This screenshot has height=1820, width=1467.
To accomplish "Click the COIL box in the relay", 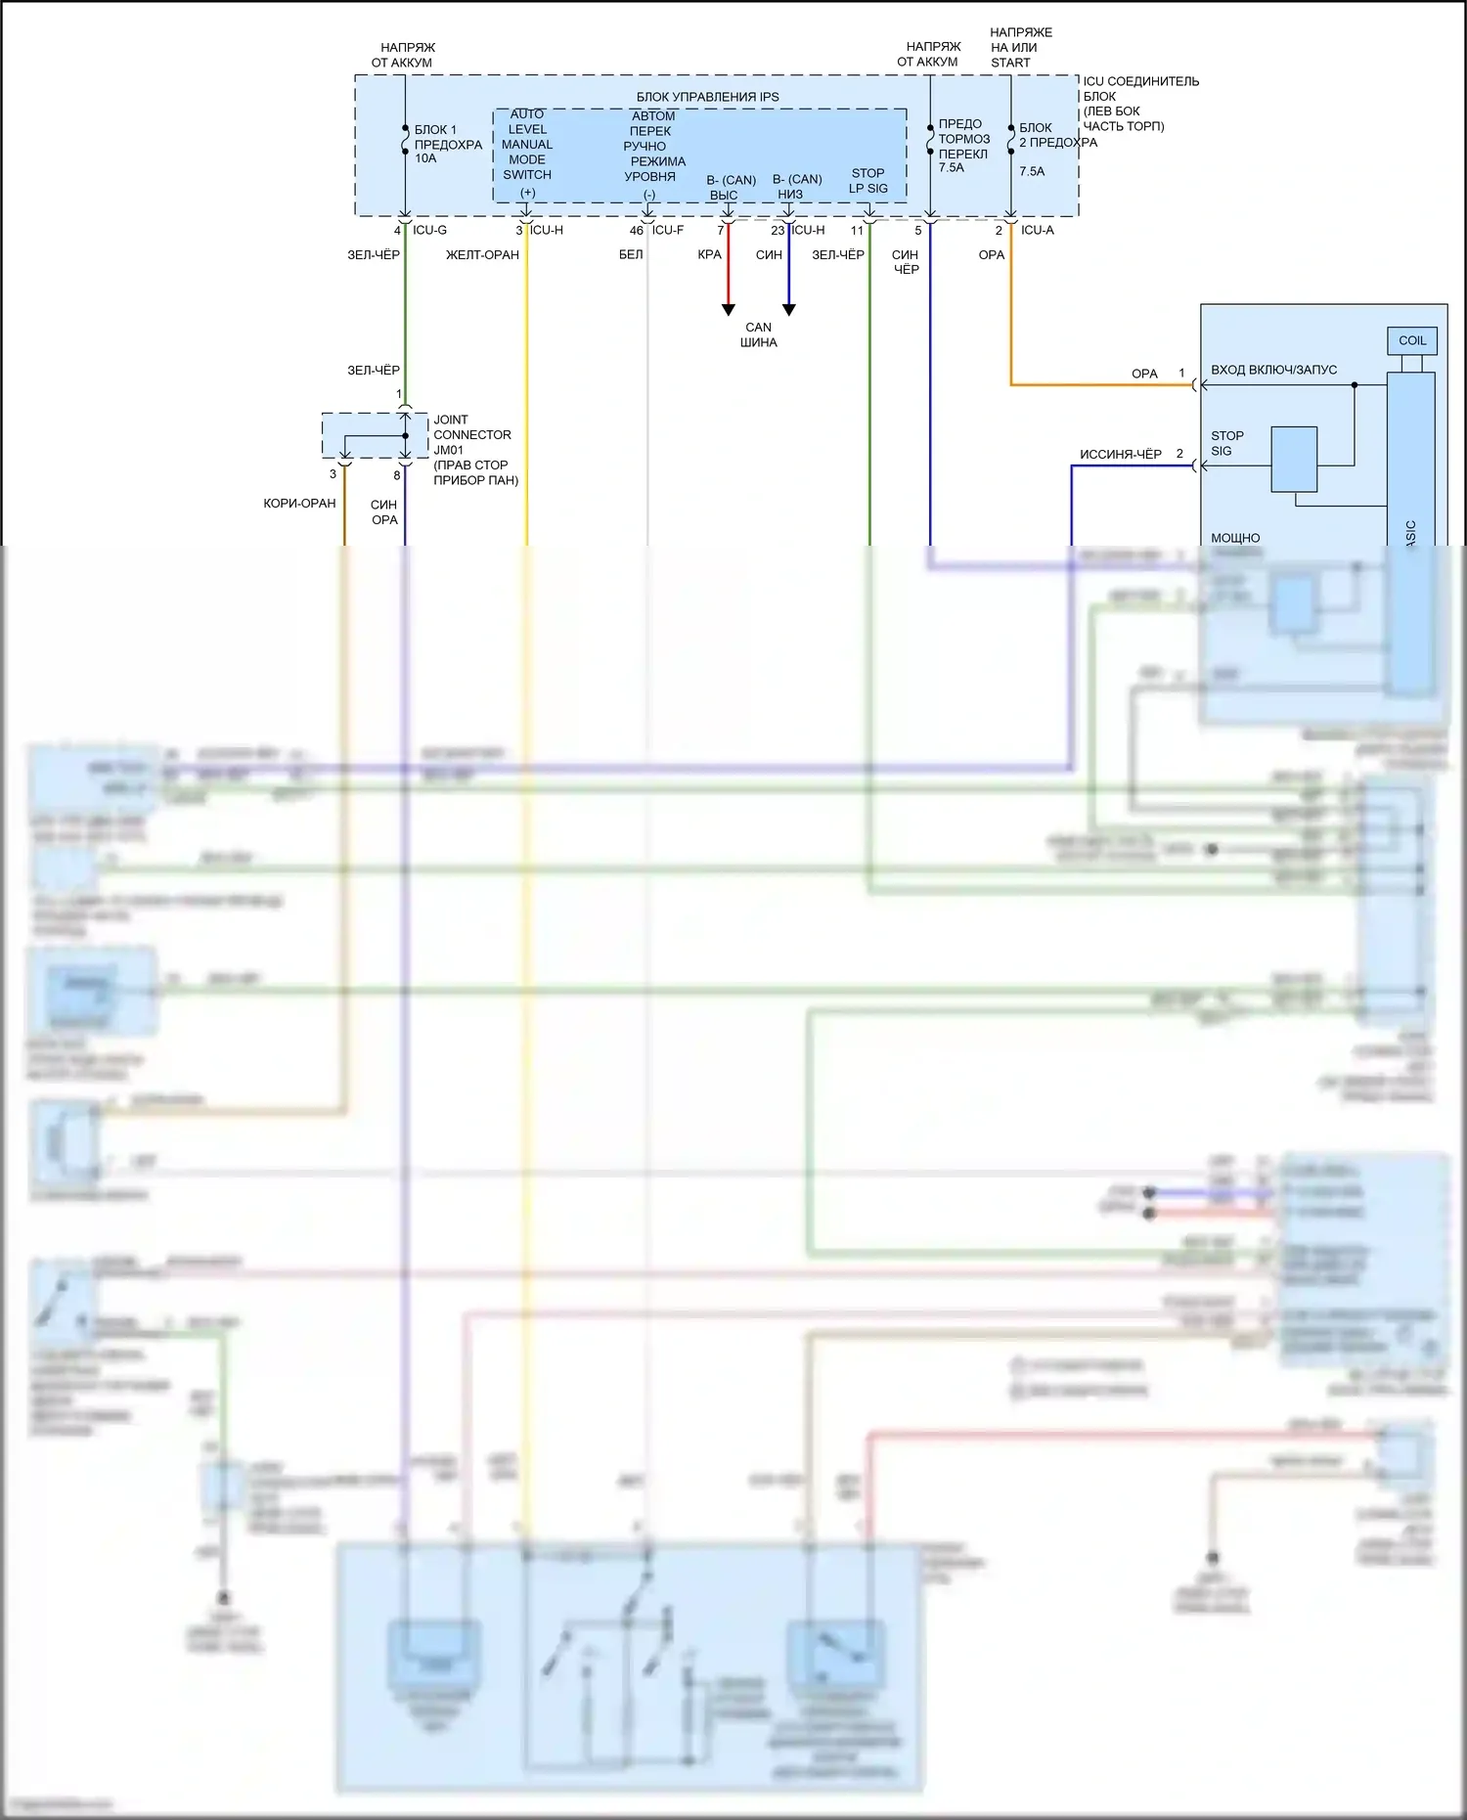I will tap(1411, 340).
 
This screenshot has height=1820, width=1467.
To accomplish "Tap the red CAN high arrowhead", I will tap(728, 310).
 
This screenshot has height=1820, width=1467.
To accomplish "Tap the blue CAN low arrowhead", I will tap(789, 310).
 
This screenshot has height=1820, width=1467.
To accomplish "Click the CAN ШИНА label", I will tap(759, 335).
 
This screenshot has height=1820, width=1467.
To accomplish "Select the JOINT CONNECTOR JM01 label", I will tap(473, 435).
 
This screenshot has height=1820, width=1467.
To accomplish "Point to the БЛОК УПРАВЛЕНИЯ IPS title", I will tap(708, 97).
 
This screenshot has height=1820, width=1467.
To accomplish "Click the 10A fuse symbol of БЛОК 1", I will tap(405, 145).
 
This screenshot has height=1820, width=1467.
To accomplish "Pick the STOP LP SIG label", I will tap(867, 181).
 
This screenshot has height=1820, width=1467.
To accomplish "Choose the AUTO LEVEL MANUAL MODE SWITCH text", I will tap(527, 145).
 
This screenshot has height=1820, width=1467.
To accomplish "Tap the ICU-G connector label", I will tap(429, 230).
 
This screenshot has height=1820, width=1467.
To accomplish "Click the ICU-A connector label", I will tap(1037, 230).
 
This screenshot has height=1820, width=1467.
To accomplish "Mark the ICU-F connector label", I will tap(668, 230).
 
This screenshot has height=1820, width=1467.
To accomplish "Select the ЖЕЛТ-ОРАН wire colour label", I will tap(482, 255).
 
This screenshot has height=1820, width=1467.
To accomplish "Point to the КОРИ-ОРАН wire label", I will tap(299, 503).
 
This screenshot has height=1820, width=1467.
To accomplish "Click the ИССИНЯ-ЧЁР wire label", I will tap(1120, 454).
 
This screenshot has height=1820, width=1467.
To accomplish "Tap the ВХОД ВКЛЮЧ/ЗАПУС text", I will tap(1273, 370).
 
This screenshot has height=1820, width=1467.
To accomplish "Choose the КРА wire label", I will tap(709, 255).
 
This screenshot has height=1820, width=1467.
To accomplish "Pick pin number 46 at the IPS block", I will tap(637, 231).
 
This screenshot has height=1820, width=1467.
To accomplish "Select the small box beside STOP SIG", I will tap(1294, 459).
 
